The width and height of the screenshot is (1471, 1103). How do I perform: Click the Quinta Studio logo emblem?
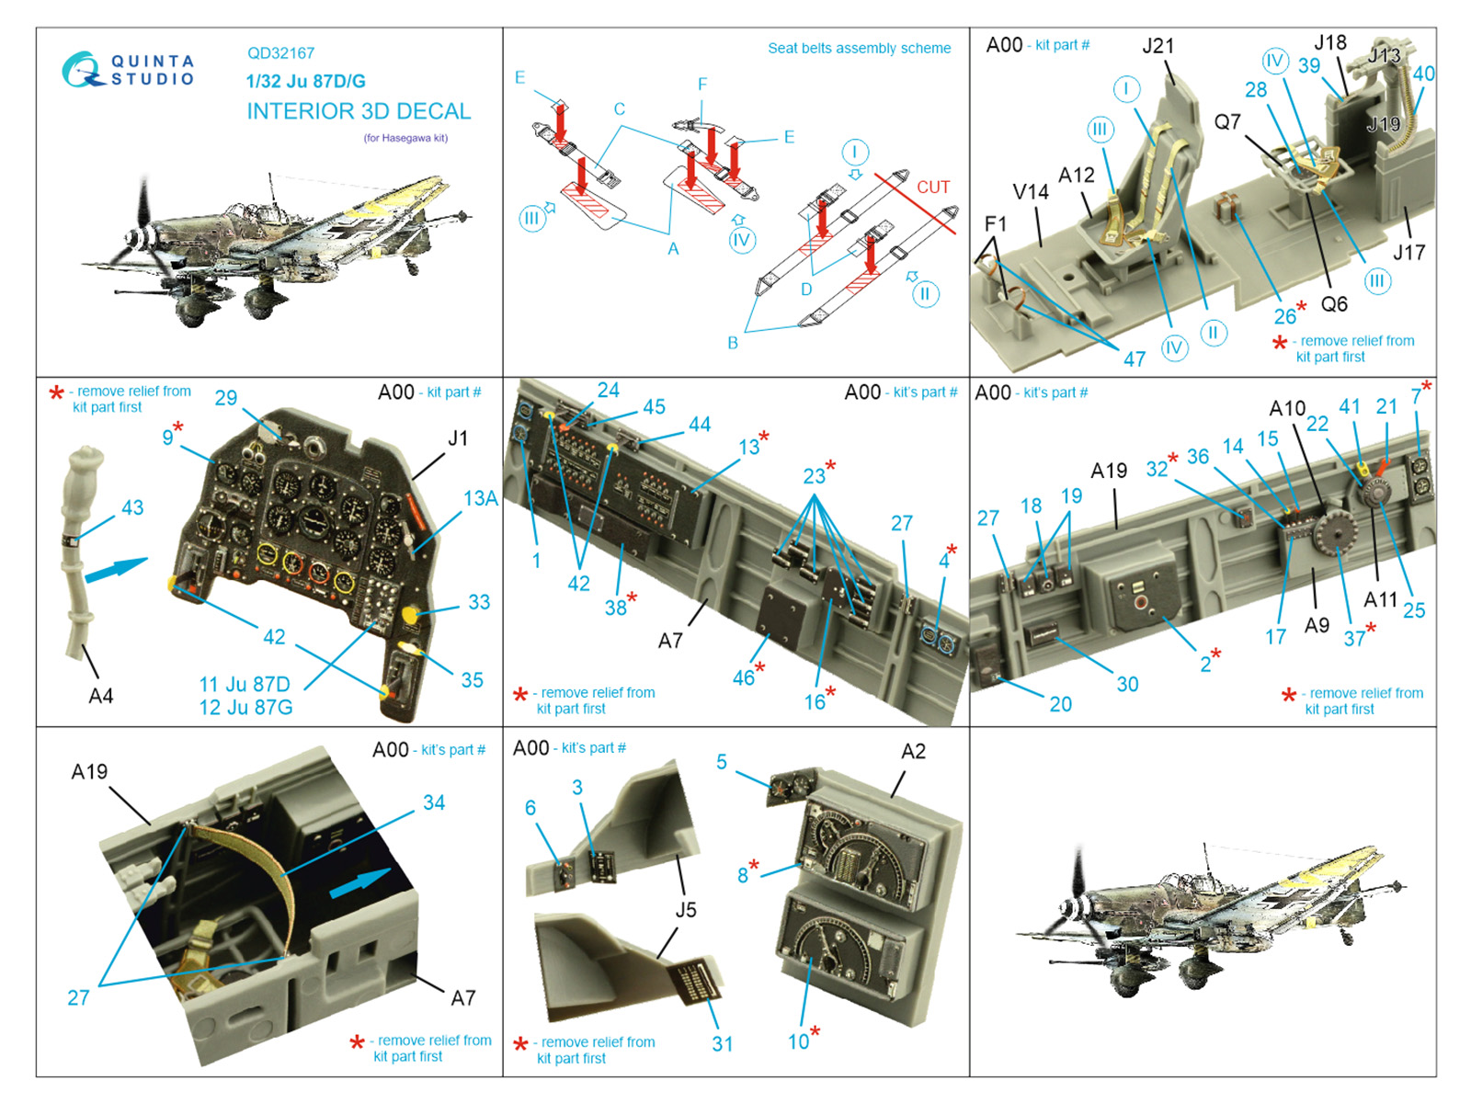83,69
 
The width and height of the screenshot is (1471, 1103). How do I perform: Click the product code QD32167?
280,53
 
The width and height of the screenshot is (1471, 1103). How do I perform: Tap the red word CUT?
933,187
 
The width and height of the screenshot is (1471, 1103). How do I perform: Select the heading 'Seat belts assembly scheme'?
859,48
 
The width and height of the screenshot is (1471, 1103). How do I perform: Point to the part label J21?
1158,46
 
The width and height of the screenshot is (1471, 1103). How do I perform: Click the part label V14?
1031,192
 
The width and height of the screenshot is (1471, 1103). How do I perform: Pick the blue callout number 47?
1135,359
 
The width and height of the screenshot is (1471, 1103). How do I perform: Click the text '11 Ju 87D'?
245,684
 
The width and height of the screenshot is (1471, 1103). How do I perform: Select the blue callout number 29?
226,398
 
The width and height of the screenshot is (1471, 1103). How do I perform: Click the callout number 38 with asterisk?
621,606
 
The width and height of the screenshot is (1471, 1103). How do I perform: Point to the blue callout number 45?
654,406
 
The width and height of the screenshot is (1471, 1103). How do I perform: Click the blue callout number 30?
1127,684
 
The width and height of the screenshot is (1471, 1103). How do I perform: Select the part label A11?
1381,599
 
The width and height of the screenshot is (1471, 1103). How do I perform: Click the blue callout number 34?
434,802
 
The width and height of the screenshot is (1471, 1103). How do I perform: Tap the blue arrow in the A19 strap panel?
360,881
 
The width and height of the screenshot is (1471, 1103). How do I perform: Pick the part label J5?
686,910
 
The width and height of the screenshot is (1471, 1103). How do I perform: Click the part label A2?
914,751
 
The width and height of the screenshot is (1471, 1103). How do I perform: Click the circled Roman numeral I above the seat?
1126,89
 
